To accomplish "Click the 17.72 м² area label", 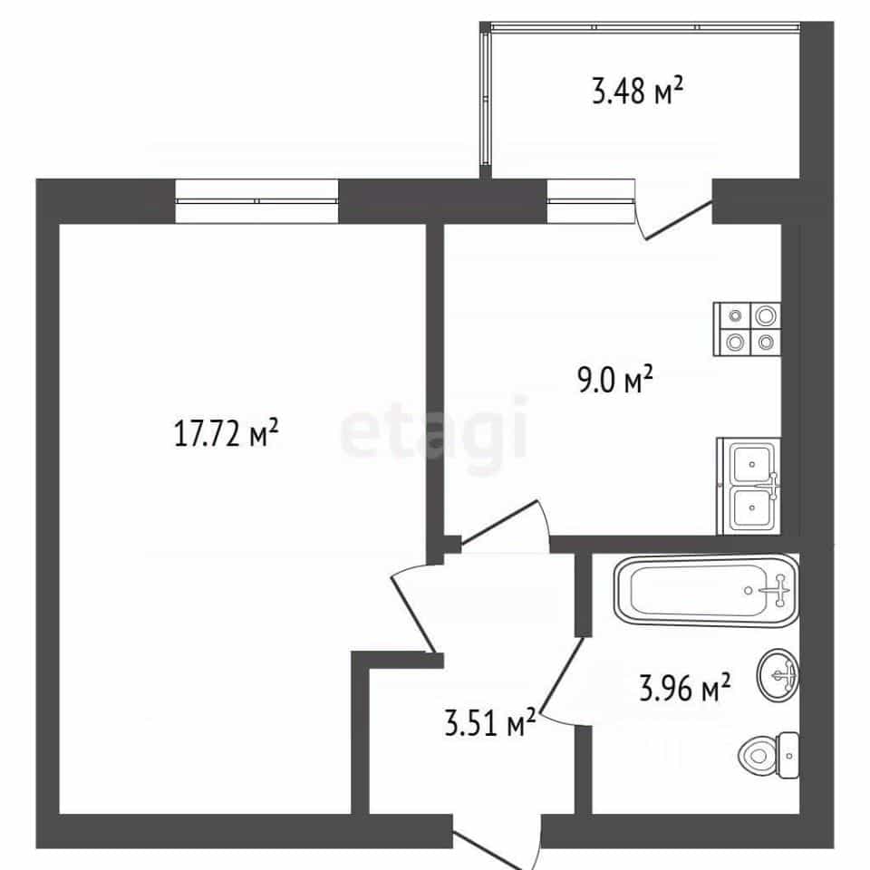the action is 226,433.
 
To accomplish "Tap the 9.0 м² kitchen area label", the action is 615,379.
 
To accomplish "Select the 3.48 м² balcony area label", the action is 637,91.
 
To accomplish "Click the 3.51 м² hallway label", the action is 490,721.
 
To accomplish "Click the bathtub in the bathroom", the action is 706,590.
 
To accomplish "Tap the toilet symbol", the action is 769,755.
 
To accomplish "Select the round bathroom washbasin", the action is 778,674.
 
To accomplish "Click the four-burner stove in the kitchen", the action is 748,329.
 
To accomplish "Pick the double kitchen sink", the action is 749,486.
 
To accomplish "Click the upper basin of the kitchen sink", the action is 752,464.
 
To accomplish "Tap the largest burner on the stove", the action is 766,316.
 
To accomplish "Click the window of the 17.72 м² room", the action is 256,201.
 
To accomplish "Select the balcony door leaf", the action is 679,221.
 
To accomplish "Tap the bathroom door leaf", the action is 563,673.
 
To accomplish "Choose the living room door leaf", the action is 414,614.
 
